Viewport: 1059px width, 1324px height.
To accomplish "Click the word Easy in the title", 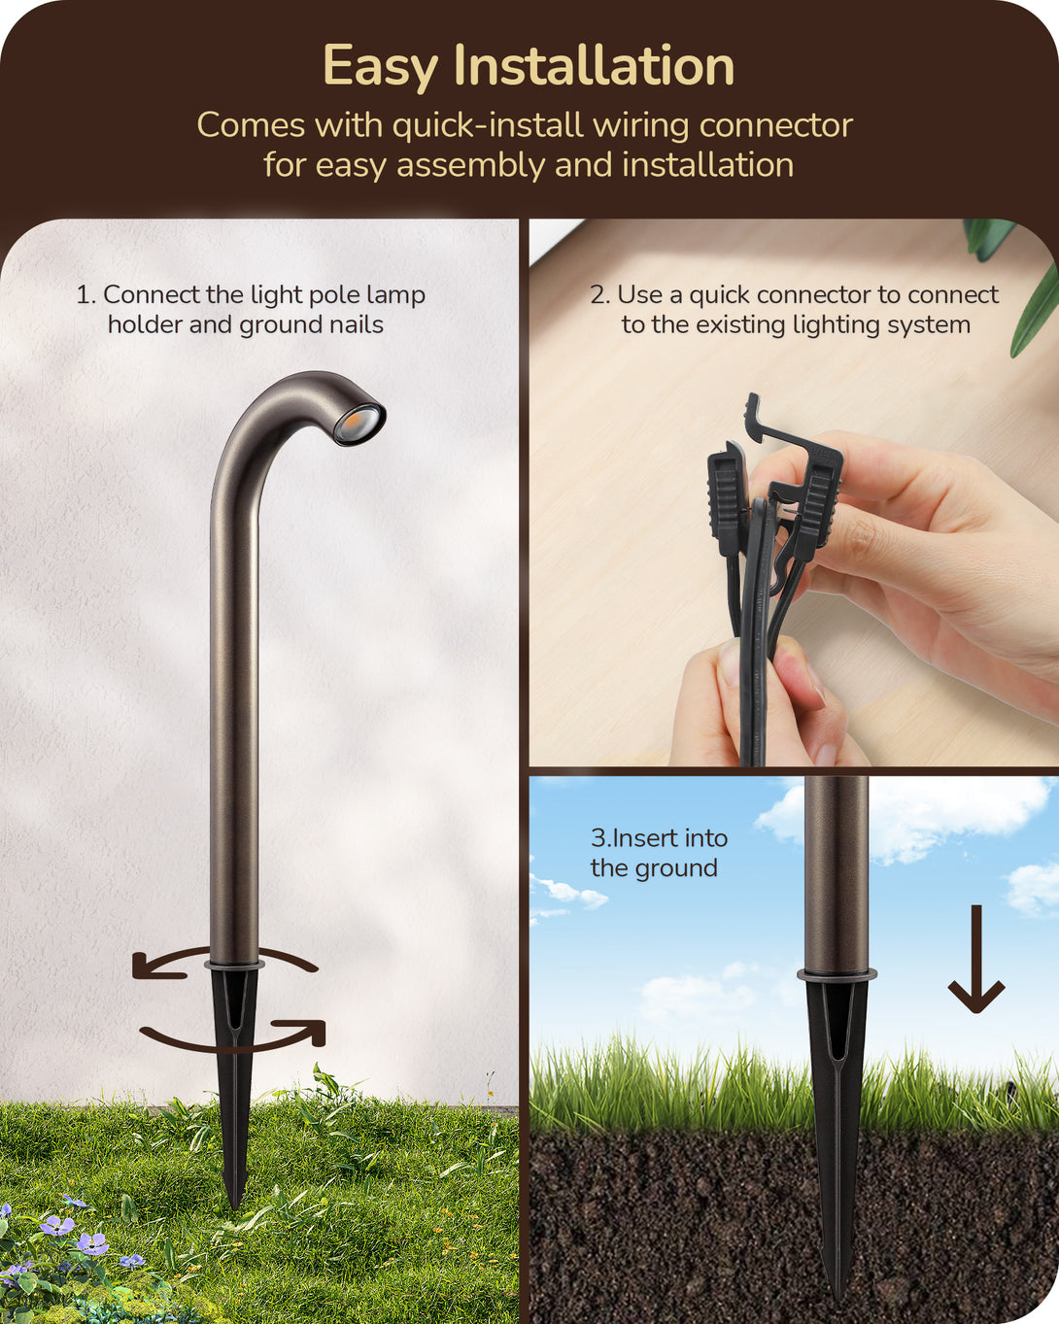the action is tap(380, 66).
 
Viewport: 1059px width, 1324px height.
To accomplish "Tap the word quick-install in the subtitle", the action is tap(487, 125).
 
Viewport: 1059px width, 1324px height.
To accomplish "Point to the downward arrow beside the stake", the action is tap(975, 959).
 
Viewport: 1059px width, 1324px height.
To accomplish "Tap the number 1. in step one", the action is tap(86, 295).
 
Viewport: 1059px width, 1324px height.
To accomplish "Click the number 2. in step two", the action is tap(600, 295).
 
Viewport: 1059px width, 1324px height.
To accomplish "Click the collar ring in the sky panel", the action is tap(837, 974).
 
